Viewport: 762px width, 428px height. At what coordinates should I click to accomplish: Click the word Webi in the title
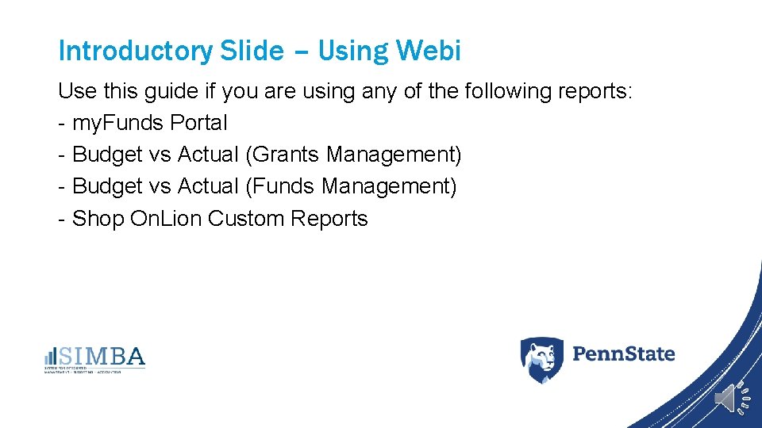[429, 51]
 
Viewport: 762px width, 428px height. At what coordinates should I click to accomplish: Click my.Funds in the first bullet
[118, 123]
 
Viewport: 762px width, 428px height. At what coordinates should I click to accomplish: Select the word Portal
[198, 123]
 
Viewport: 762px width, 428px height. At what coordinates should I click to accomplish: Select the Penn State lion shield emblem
[541, 359]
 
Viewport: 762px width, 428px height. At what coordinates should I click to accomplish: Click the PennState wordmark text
[623, 353]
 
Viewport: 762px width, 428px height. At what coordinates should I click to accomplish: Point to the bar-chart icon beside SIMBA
[50, 357]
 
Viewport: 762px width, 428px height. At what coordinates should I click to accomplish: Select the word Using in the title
[352, 51]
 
